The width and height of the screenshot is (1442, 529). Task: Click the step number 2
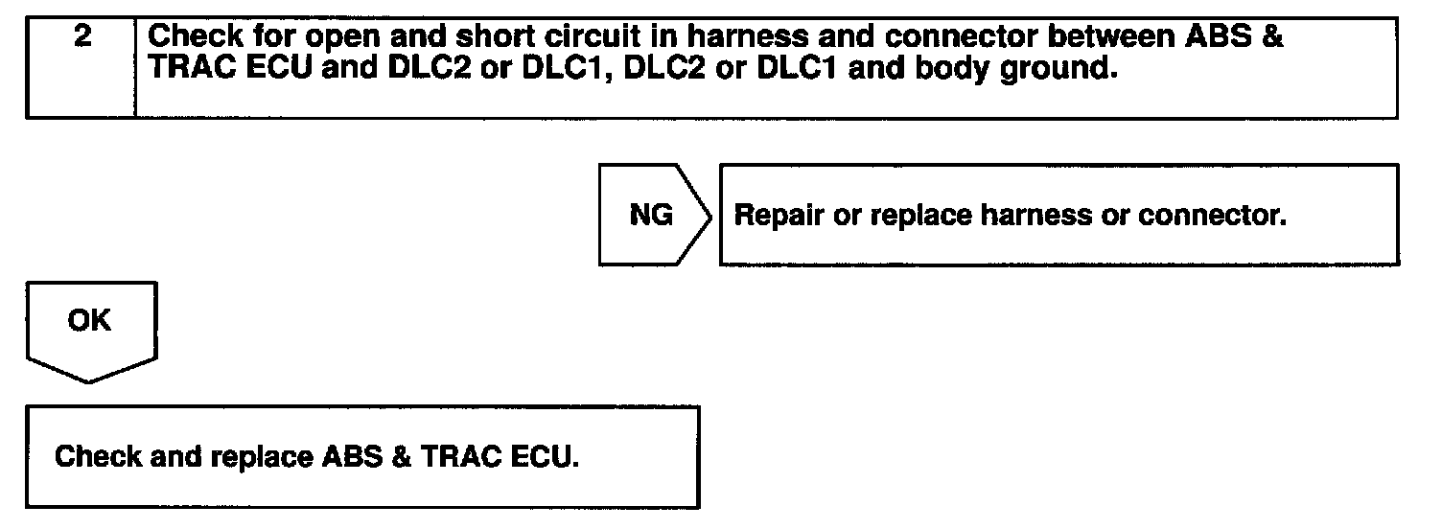(x=81, y=41)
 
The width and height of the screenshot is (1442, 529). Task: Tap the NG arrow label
(x=652, y=216)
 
